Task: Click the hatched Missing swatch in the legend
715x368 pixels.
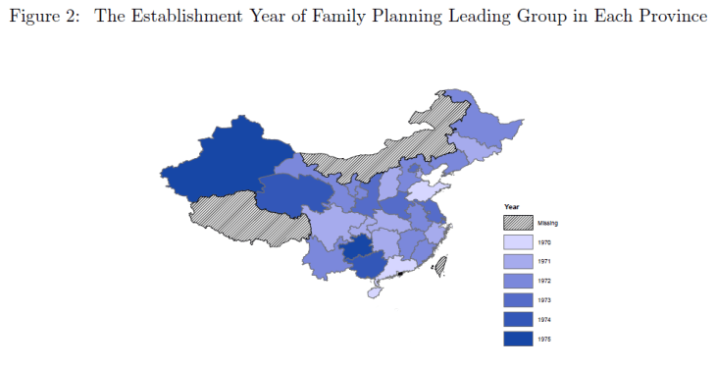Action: (518, 223)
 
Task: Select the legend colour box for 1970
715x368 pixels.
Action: (518, 242)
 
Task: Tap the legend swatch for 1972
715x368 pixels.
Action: (518, 281)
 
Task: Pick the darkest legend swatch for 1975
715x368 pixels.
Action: (518, 339)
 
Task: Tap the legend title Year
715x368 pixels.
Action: (511, 206)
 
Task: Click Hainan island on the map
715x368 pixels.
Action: (374, 291)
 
